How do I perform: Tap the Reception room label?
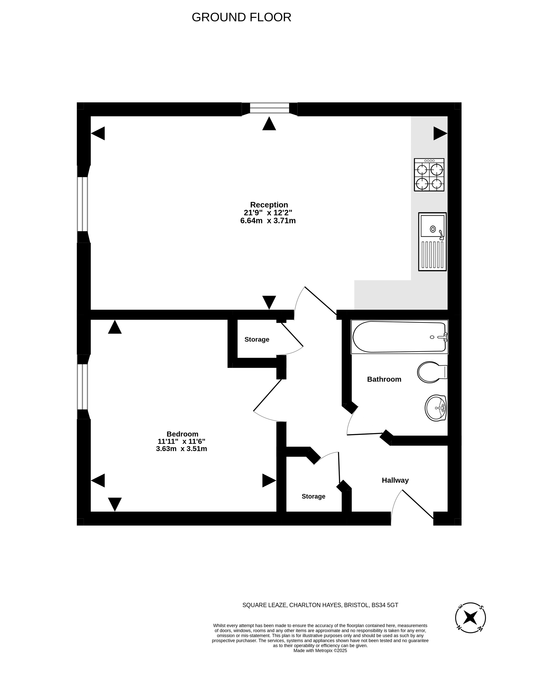(269, 205)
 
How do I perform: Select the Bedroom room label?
(182, 434)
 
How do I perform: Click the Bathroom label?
(384, 379)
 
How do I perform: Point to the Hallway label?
(395, 480)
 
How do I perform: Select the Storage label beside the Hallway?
(313, 496)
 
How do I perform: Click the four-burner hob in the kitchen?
(429, 175)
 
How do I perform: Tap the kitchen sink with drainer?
(432, 242)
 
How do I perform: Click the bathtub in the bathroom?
(399, 337)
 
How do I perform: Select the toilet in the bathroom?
(432, 372)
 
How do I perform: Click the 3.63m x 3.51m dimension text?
(181, 449)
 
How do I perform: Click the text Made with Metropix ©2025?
(320, 650)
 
